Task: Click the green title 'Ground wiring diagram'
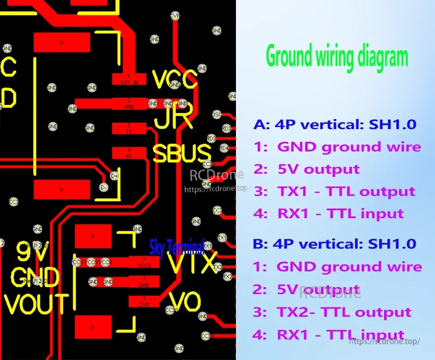coord(337,58)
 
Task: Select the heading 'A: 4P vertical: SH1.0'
coord(334,124)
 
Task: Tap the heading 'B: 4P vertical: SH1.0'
coord(334,244)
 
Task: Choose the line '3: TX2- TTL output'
coord(332,312)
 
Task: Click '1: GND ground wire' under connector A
coord(337,147)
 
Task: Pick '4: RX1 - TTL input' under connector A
coord(328,214)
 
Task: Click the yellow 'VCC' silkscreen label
coord(174,79)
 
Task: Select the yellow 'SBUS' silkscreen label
coord(182,154)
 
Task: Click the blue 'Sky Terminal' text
coord(177,248)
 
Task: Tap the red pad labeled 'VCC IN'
coord(129,79)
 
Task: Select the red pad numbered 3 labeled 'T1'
coord(129,128)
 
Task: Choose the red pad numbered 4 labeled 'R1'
coord(129,153)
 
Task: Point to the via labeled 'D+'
coord(114,176)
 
